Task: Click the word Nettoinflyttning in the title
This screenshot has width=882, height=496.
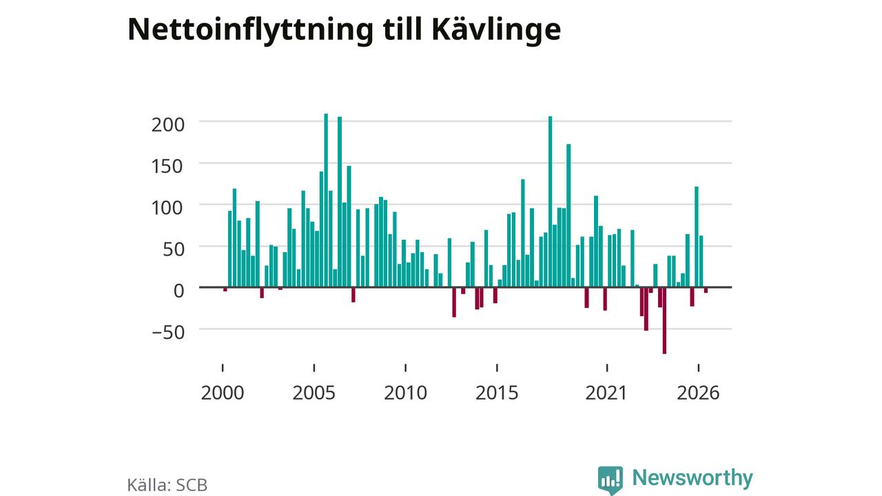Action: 250,30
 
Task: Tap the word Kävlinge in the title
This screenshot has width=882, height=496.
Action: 496,30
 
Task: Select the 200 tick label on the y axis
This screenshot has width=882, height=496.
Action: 168,125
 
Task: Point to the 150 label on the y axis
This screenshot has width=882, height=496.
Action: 168,166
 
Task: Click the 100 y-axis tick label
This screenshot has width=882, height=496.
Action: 168,208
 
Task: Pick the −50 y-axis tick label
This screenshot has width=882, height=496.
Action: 168,332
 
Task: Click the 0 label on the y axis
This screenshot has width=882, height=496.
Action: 178,291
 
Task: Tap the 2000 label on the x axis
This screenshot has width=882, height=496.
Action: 223,393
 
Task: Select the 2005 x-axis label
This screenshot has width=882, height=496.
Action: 314,393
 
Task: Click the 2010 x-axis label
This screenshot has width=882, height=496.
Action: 406,393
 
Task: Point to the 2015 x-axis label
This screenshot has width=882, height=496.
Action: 497,393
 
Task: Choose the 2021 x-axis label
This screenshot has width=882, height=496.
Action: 606,393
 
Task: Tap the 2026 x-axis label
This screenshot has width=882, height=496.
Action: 698,393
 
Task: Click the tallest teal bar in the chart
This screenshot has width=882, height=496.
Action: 326,200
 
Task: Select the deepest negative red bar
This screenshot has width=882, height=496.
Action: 665,321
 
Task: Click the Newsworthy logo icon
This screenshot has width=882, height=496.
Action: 611,479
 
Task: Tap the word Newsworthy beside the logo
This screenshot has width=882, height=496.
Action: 693,478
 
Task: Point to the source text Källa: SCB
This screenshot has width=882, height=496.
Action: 167,485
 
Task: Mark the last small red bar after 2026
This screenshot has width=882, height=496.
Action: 706,291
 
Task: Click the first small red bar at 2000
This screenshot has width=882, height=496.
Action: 225,290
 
